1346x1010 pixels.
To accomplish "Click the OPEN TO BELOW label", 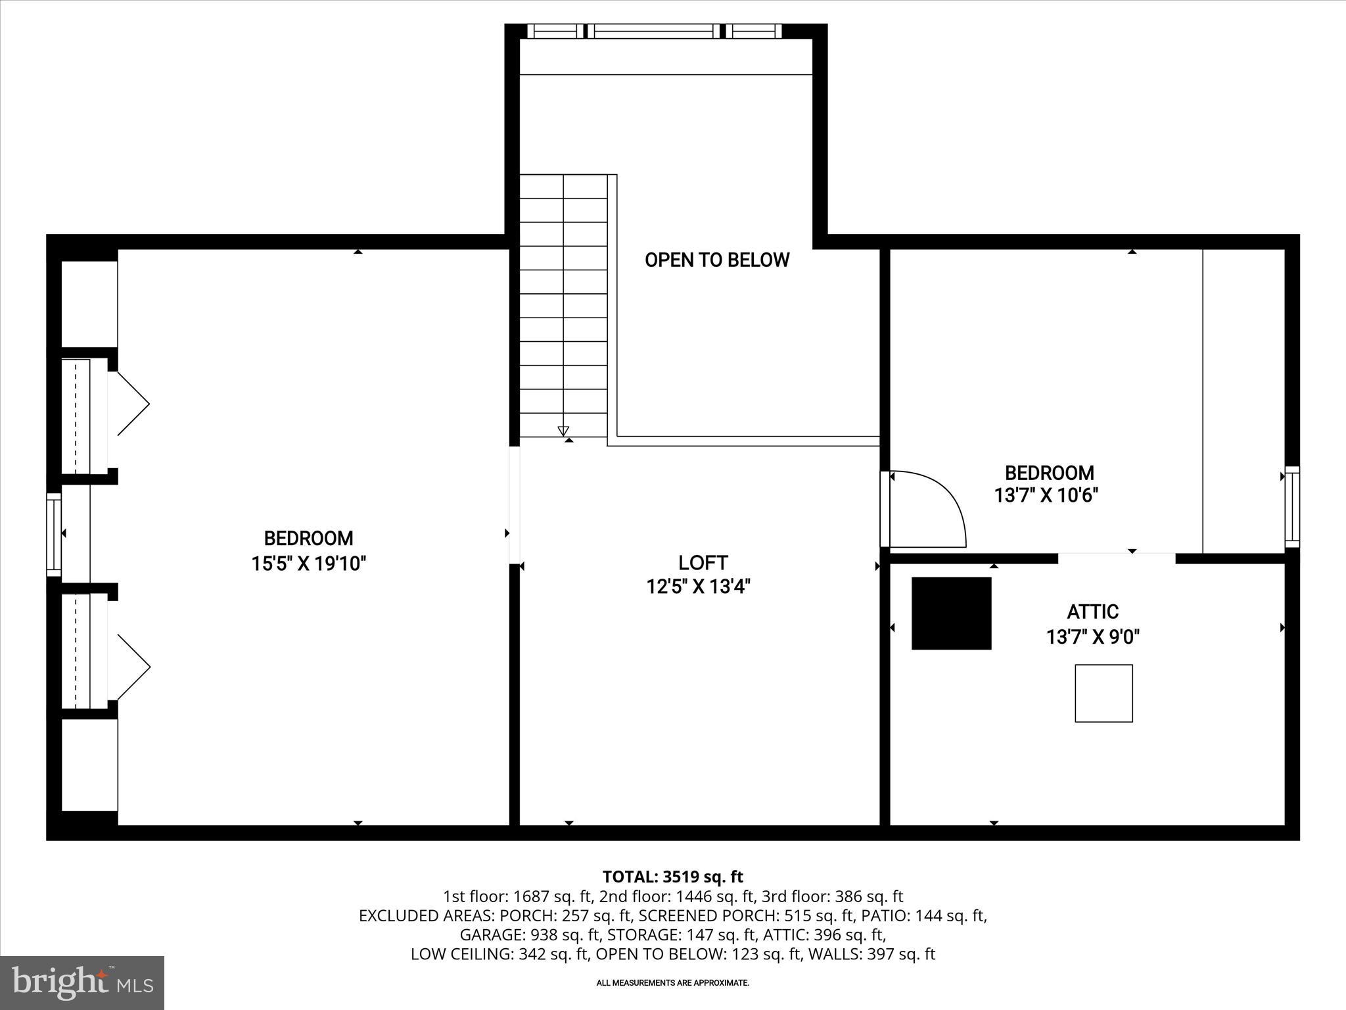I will click(x=716, y=260).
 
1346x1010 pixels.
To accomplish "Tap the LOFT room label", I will click(x=703, y=563).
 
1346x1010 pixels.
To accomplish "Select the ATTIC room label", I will click(x=1092, y=612).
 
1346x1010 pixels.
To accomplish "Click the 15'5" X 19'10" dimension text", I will click(x=308, y=564).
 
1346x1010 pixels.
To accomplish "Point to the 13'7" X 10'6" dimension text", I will click(x=1046, y=495).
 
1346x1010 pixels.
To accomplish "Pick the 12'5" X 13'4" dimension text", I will click(x=698, y=586).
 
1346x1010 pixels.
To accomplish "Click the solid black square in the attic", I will click(x=951, y=613).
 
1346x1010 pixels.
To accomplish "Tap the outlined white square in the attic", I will click(x=1103, y=693).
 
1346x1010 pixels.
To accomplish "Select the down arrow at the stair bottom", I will click(x=563, y=431).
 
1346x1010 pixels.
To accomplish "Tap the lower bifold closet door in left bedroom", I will click(x=132, y=667).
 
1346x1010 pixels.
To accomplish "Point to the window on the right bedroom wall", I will click(x=1291, y=506).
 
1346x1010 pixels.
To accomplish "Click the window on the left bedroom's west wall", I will click(x=53, y=534).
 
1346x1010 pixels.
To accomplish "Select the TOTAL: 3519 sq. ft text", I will click(x=672, y=877).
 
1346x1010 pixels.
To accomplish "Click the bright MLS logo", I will click(x=82, y=982).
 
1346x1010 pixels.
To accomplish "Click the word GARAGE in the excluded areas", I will click(x=487, y=934).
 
